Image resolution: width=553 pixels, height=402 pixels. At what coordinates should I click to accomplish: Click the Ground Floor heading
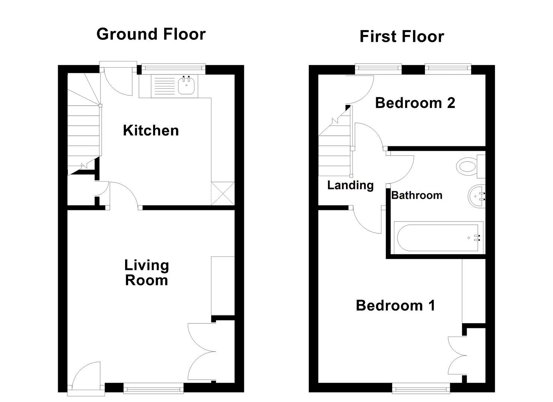[151, 34]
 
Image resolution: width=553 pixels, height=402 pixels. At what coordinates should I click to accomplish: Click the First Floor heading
[401, 36]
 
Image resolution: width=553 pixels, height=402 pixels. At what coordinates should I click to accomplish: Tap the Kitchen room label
[151, 131]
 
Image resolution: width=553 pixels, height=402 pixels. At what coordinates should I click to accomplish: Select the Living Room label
[146, 273]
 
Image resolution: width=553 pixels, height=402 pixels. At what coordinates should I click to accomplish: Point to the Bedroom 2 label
[415, 103]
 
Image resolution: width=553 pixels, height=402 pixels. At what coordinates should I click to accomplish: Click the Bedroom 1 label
[395, 306]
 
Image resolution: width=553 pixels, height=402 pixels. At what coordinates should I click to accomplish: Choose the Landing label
[350, 185]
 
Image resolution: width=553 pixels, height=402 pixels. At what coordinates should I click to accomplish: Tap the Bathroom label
[416, 195]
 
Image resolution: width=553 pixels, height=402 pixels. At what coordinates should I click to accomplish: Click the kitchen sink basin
[187, 87]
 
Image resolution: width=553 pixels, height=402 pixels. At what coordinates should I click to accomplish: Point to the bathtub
[438, 237]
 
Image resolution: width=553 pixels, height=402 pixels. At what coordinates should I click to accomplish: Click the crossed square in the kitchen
[223, 193]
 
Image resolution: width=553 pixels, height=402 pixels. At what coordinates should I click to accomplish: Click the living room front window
[153, 389]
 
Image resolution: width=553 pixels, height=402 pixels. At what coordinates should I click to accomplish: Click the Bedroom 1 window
[421, 389]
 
